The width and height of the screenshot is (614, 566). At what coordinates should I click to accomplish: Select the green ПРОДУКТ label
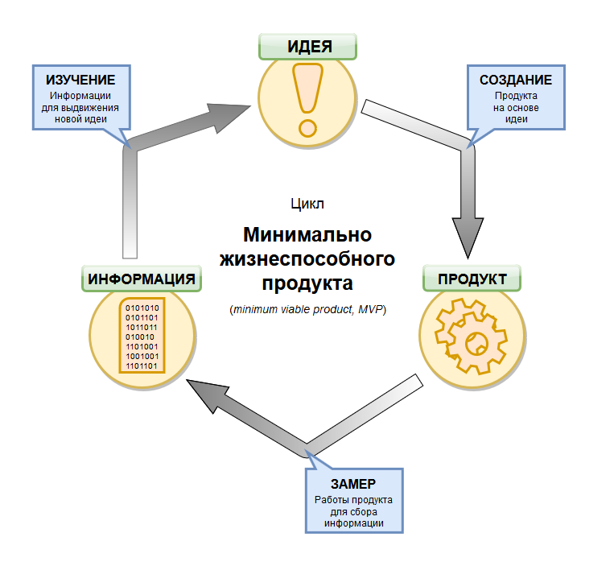(472, 279)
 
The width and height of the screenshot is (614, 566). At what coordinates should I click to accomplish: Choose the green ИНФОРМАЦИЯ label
(142, 279)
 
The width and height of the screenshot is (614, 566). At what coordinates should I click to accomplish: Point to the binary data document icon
(142, 337)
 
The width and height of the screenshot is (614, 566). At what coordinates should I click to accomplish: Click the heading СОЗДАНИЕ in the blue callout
(515, 81)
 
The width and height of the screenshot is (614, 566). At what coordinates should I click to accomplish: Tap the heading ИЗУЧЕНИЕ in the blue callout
(80, 81)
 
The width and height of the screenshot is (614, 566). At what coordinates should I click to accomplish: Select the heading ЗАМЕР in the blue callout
(352, 485)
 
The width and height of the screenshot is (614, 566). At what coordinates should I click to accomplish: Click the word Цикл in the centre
(307, 205)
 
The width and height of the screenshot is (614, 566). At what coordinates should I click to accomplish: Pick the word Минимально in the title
(307, 236)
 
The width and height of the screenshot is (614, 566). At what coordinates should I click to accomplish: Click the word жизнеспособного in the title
(307, 259)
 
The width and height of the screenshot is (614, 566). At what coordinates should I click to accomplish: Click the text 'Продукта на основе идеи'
(515, 107)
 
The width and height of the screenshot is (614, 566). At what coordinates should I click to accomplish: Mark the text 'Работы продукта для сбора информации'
(352, 511)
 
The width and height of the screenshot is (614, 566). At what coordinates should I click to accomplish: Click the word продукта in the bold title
(307, 283)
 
